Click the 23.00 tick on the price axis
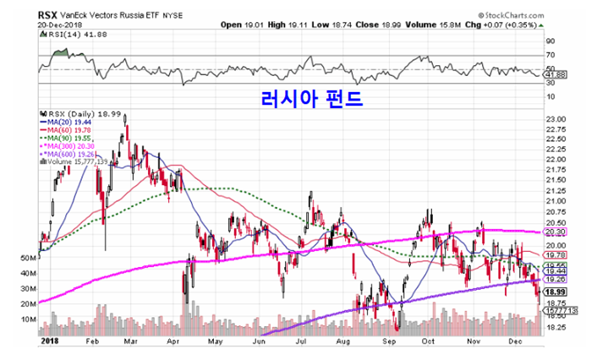[557, 120]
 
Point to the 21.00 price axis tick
[557, 201]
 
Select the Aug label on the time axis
[343, 344]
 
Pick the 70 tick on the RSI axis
[551, 56]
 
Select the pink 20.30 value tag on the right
[556, 232]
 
